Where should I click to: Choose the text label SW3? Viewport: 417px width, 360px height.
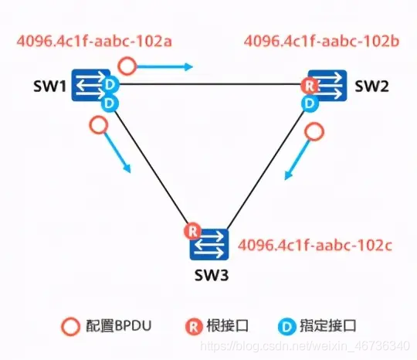click(209, 273)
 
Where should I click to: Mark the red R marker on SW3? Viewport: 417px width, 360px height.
click(191, 230)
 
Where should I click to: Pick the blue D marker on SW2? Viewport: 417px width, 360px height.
click(310, 102)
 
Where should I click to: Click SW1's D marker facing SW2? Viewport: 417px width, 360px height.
click(113, 83)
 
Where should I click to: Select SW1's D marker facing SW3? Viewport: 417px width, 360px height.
click(110, 101)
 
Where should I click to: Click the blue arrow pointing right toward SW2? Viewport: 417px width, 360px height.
click(172, 66)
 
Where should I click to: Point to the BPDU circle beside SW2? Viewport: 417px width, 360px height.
click(313, 131)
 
